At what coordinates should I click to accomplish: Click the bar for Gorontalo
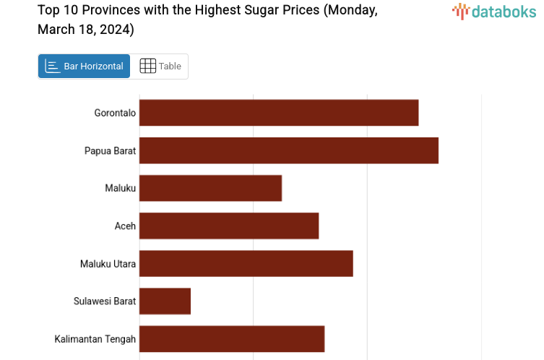279,113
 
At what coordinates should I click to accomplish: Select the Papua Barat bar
289,150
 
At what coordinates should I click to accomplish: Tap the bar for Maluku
210,188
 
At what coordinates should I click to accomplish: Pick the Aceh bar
229,226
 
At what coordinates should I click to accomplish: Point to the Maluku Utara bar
246,263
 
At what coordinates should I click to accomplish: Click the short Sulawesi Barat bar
165,301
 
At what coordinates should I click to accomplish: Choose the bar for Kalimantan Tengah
232,338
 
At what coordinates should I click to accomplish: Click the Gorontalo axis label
115,113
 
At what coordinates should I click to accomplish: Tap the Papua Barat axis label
110,150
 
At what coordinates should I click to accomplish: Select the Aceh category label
125,226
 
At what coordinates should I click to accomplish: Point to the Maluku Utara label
108,263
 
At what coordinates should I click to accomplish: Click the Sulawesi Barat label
104,301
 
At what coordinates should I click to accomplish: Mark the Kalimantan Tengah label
95,338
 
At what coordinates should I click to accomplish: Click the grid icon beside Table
147,66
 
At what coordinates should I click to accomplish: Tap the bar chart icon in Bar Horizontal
52,66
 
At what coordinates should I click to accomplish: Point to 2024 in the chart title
117,30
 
